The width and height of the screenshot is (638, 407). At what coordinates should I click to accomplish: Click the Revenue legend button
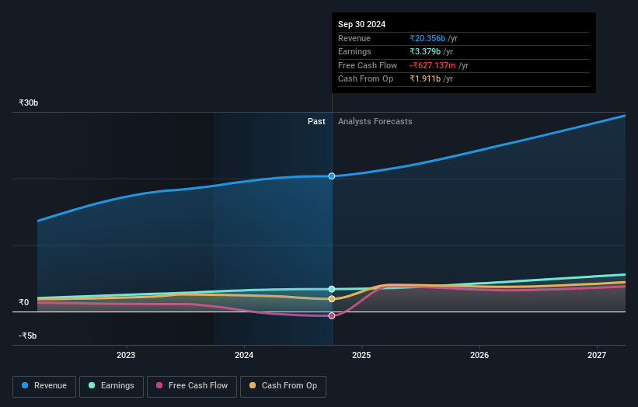(x=44, y=385)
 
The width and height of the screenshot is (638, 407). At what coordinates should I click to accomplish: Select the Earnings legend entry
(x=111, y=385)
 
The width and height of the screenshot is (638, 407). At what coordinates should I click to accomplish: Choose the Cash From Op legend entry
(x=284, y=385)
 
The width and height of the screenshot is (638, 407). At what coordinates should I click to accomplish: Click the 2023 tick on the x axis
(x=126, y=355)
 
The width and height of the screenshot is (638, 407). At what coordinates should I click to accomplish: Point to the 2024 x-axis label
(x=244, y=355)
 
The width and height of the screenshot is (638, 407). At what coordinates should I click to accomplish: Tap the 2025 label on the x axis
(x=361, y=355)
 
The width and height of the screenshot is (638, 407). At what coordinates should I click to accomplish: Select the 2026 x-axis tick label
(x=479, y=355)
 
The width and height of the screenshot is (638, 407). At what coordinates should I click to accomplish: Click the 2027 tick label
(x=597, y=355)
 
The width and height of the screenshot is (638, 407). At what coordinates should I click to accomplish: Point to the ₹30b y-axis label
(x=29, y=103)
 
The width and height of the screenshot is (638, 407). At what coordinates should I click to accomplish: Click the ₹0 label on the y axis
(x=24, y=302)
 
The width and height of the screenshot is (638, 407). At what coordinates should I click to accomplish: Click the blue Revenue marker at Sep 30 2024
(x=332, y=176)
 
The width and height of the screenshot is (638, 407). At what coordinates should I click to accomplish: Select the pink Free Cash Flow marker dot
(x=332, y=315)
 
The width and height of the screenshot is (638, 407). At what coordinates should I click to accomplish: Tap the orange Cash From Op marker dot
(x=332, y=299)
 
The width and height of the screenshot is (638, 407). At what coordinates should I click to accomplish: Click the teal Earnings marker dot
(x=332, y=289)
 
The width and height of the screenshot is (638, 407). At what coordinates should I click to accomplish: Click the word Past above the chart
(x=316, y=121)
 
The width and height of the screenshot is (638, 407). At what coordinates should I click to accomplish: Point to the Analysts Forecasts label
(x=375, y=121)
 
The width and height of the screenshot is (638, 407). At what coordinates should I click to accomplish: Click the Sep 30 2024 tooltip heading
(x=361, y=24)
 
